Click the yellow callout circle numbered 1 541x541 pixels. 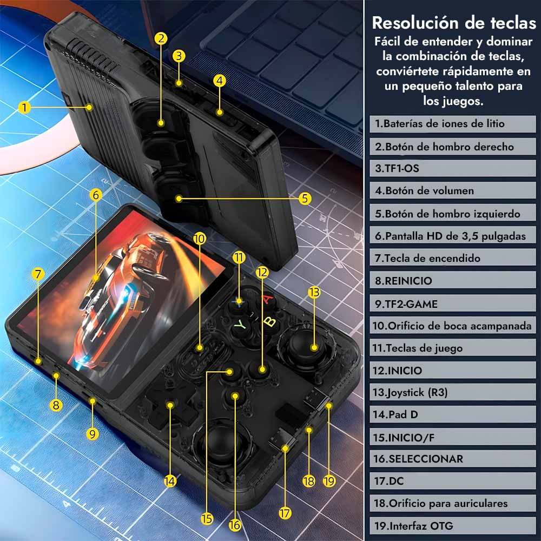(24, 107)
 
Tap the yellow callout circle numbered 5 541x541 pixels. (305, 199)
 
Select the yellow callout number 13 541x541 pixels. (314, 292)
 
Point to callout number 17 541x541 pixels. (285, 513)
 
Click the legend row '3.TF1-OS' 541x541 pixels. (453, 168)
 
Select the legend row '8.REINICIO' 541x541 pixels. (453, 280)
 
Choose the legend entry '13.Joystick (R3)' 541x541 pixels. (453, 392)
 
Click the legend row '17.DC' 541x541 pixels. (453, 481)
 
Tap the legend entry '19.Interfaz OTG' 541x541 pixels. (453, 525)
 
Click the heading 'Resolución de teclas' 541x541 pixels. (454, 23)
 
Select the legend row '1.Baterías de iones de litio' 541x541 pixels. (453, 124)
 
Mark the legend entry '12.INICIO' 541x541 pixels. (453, 370)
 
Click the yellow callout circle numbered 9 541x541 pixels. (92, 434)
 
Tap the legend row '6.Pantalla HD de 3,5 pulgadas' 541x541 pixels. (453, 236)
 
